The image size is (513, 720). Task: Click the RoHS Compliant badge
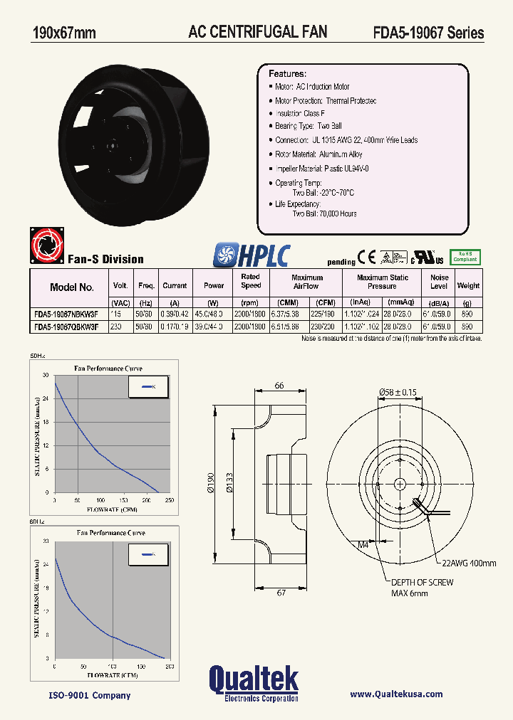click(466, 257)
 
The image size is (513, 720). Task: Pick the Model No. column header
click(71, 287)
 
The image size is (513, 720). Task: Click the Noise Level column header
click(439, 282)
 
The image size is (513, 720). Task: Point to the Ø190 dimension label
click(211, 484)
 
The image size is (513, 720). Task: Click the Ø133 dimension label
click(229, 484)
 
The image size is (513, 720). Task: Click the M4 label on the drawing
click(363, 545)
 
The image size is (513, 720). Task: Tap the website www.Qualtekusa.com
click(396, 694)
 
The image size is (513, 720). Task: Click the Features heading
click(287, 74)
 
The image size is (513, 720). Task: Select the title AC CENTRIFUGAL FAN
click(257, 31)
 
